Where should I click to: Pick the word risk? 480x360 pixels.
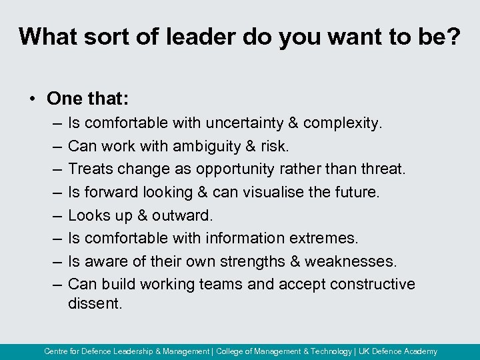coord(275,146)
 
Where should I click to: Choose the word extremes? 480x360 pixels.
coord(323,238)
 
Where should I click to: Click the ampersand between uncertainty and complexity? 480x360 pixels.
coord(291,123)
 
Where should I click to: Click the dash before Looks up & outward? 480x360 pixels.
coord(54,215)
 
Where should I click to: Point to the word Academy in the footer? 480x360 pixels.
coord(420,351)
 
